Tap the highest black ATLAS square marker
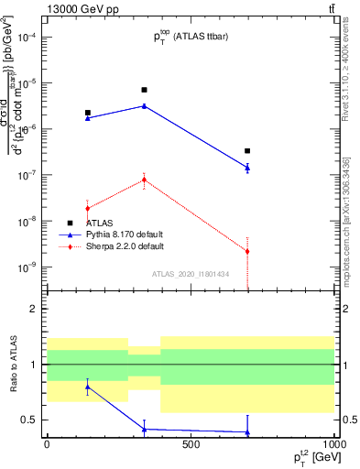[144, 90]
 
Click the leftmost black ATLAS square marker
[87, 113]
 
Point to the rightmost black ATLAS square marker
[247, 150]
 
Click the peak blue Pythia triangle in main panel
[144, 106]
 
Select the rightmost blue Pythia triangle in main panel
[247, 168]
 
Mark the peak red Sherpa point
[144, 180]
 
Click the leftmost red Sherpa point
[87, 209]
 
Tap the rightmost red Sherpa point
[247, 251]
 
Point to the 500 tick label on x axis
[190, 444]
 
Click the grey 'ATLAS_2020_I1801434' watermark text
[190, 274]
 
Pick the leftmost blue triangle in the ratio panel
[87, 387]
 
